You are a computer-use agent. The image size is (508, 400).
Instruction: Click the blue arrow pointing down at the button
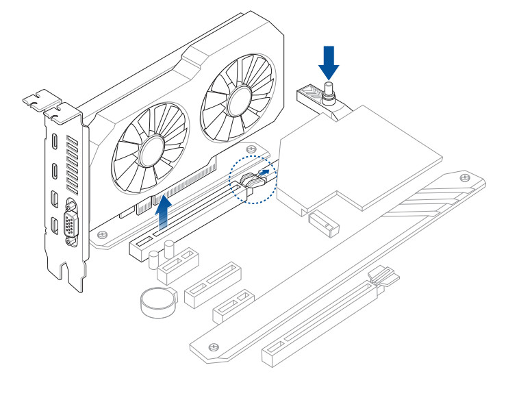coord(329,62)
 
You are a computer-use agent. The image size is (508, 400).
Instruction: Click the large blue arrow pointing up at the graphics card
coord(164,214)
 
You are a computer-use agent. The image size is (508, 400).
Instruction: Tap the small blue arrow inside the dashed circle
coord(264,172)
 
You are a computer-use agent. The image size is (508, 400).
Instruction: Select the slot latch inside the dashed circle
coord(251,183)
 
